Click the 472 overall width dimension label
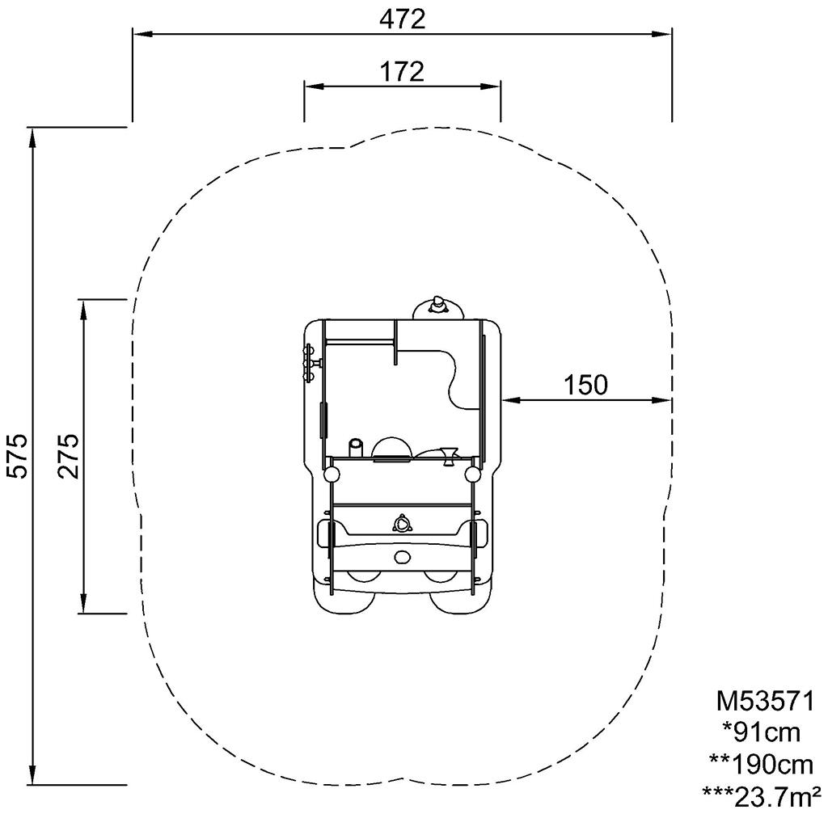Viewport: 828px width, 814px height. pyautogui.click(x=403, y=20)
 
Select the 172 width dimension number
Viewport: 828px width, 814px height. pyautogui.click(x=403, y=72)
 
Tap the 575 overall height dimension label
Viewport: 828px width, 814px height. pyautogui.click(x=19, y=457)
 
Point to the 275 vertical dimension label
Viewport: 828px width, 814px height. pyautogui.click(x=69, y=457)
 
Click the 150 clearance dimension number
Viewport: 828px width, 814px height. pyautogui.click(x=585, y=386)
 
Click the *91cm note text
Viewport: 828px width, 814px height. pyautogui.click(x=761, y=732)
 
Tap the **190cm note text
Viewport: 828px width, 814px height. pyautogui.click(x=761, y=765)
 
